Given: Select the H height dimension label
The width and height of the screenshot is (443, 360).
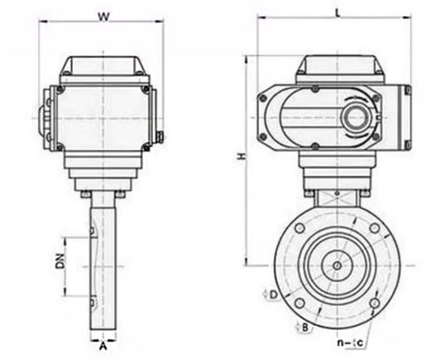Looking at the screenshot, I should [241, 159].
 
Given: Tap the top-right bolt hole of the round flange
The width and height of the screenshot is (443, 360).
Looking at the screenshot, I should [371, 229].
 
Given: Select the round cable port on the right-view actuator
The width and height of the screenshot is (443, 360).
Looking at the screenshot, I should [357, 118].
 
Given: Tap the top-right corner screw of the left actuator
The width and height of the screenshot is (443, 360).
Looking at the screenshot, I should [147, 90].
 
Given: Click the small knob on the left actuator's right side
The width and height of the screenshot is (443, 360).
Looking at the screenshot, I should [160, 141].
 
